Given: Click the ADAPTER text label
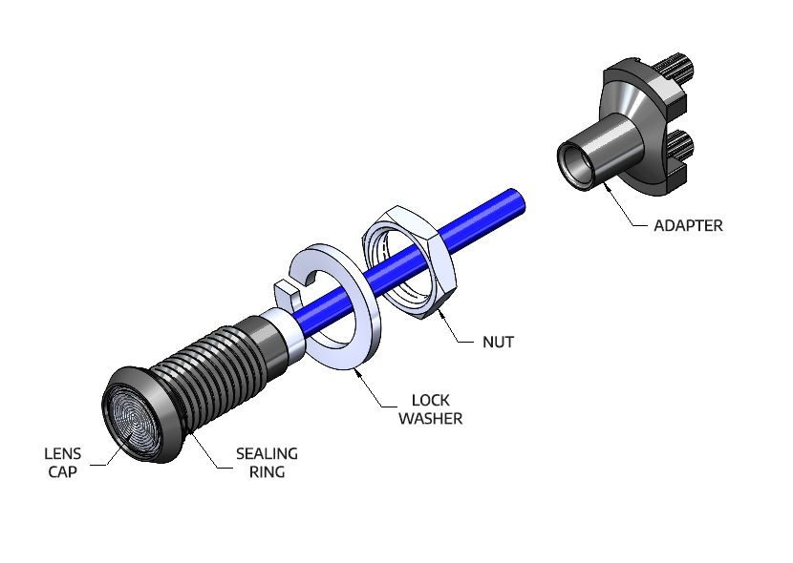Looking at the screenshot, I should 688,226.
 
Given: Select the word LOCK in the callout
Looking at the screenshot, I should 431,400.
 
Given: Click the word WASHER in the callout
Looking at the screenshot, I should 431,418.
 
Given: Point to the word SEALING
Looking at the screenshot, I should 268,453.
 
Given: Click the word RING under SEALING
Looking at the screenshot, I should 268,471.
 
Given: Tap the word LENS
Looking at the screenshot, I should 63,453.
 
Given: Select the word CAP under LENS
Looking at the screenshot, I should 63,471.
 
